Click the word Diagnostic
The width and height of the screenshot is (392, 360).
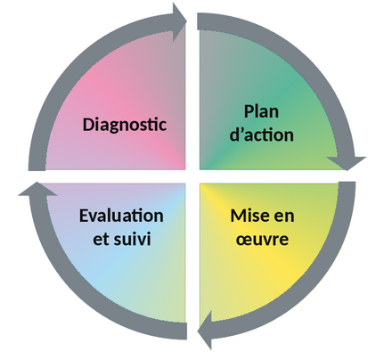click(x=124, y=125)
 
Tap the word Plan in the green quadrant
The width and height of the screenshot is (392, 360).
click(x=261, y=112)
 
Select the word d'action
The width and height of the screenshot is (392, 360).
click(x=262, y=135)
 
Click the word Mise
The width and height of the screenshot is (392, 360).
click(x=248, y=216)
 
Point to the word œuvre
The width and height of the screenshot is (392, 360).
click(x=262, y=239)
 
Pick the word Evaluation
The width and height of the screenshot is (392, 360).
click(x=121, y=216)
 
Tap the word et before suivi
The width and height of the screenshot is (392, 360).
click(x=101, y=239)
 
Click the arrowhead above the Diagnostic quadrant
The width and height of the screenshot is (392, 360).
click(x=179, y=21)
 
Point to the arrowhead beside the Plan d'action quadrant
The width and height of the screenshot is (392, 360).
click(x=347, y=163)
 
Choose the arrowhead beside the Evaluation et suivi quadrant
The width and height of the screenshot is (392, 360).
click(x=37, y=189)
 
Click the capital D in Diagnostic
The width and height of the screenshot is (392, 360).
click(x=88, y=124)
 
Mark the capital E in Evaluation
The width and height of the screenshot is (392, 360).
click(x=84, y=216)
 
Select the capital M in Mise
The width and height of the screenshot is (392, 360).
click(x=238, y=216)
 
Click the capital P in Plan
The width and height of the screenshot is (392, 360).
click(x=249, y=111)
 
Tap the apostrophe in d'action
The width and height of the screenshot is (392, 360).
click(x=242, y=130)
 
